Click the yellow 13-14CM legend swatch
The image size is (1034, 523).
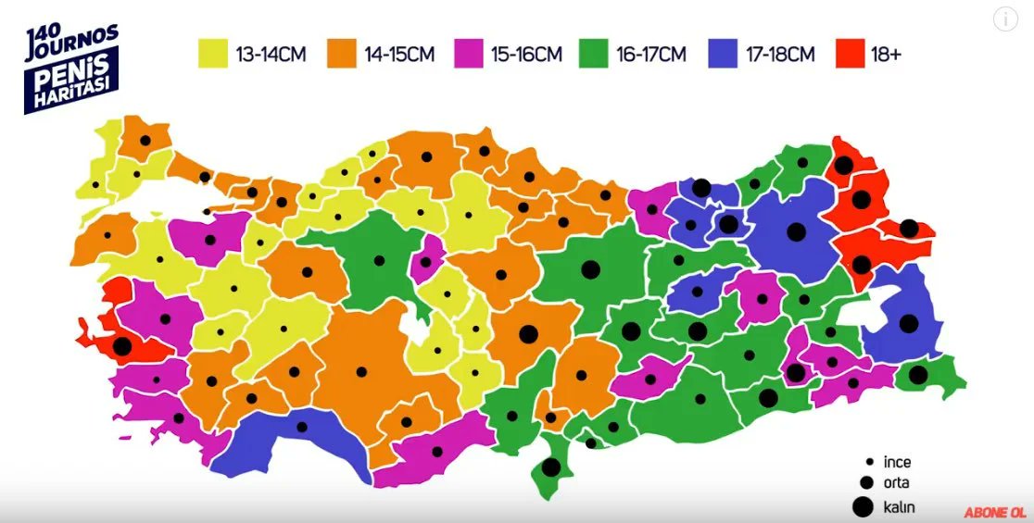pyautogui.click(x=213, y=54)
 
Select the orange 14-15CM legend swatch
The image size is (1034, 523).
pyautogui.click(x=342, y=54)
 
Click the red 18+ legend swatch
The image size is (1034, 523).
pyautogui.click(x=851, y=54)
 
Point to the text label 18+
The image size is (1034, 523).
pyautogui.click(x=886, y=55)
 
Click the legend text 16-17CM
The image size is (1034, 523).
pyautogui.click(x=651, y=55)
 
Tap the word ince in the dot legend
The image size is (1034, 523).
pyautogui.click(x=898, y=461)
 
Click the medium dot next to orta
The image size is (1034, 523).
pyautogui.click(x=867, y=482)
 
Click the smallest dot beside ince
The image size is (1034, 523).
pyautogui.click(x=869, y=461)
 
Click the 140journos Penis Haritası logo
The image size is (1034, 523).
pyautogui.click(x=72, y=67)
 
